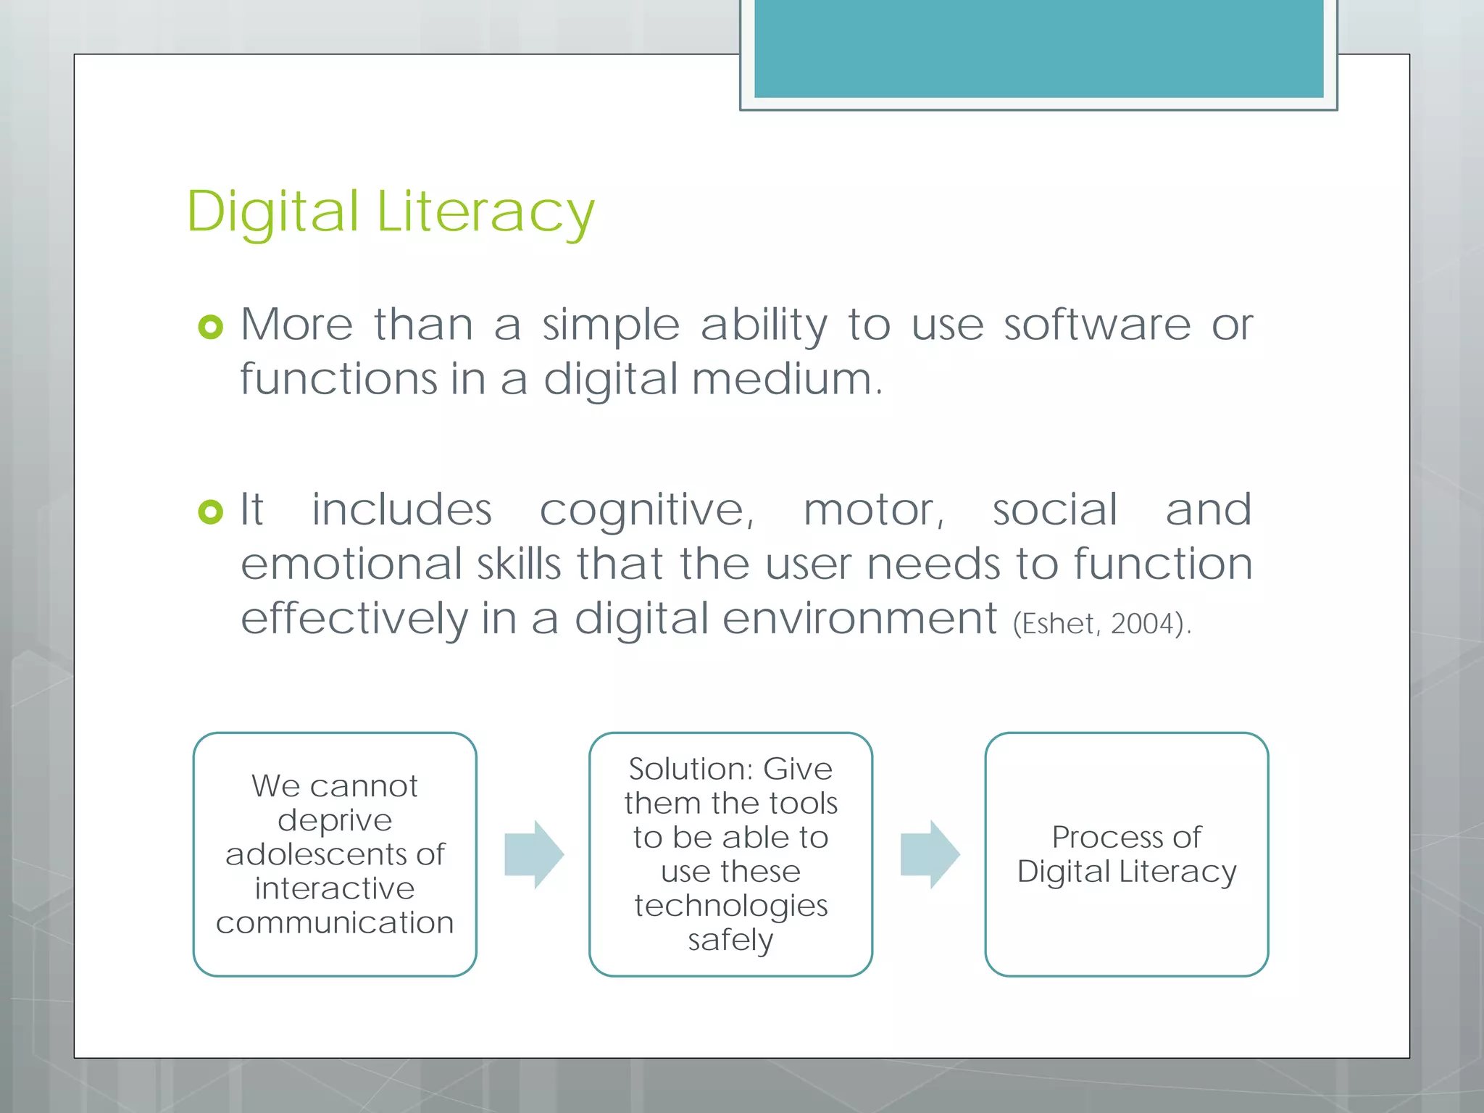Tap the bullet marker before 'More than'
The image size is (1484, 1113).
pos(210,327)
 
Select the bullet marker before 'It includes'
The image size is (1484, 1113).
pos(210,512)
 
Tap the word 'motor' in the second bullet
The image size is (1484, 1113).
pos(873,510)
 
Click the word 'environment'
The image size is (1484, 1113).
pos(859,619)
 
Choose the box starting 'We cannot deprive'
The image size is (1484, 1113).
pos(335,854)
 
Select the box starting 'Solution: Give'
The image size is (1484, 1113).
pos(730,854)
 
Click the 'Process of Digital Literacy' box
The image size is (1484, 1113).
pos(1126,854)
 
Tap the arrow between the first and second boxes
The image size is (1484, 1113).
pos(534,854)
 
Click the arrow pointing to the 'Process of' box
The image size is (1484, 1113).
pos(930,854)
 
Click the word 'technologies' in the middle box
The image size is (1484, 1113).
pos(730,906)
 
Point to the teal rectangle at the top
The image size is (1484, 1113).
pos(1038,48)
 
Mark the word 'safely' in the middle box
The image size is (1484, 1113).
pos(730,941)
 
